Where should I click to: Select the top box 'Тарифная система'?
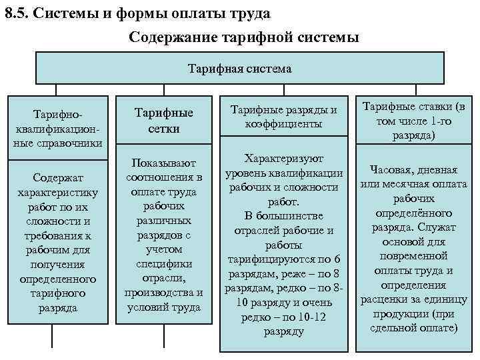pyautogui.click(x=240, y=68)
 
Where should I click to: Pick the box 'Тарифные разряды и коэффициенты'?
pyautogui.click(x=285, y=117)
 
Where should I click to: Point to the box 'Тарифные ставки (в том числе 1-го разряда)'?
pyautogui.click(x=414, y=120)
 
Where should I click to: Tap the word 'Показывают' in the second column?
pyautogui.click(x=164, y=163)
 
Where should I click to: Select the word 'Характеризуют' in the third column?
pyautogui.click(x=284, y=159)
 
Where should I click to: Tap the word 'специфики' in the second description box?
pyautogui.click(x=164, y=263)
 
